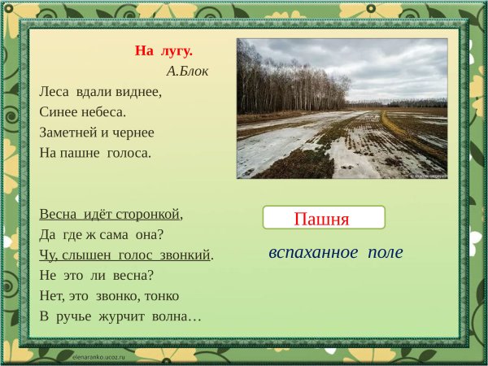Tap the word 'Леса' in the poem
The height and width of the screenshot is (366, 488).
pyautogui.click(x=54, y=91)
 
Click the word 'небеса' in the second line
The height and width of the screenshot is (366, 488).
pyautogui.click(x=102, y=111)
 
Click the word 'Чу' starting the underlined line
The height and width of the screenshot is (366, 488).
pyautogui.click(x=47, y=255)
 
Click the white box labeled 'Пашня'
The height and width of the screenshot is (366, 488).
pyautogui.click(x=323, y=218)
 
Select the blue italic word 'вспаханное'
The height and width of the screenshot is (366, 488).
pyautogui.click(x=313, y=252)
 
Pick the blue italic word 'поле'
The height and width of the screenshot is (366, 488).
pyautogui.click(x=385, y=252)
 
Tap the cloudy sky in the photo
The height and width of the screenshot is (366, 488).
pyautogui.click(x=382, y=65)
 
